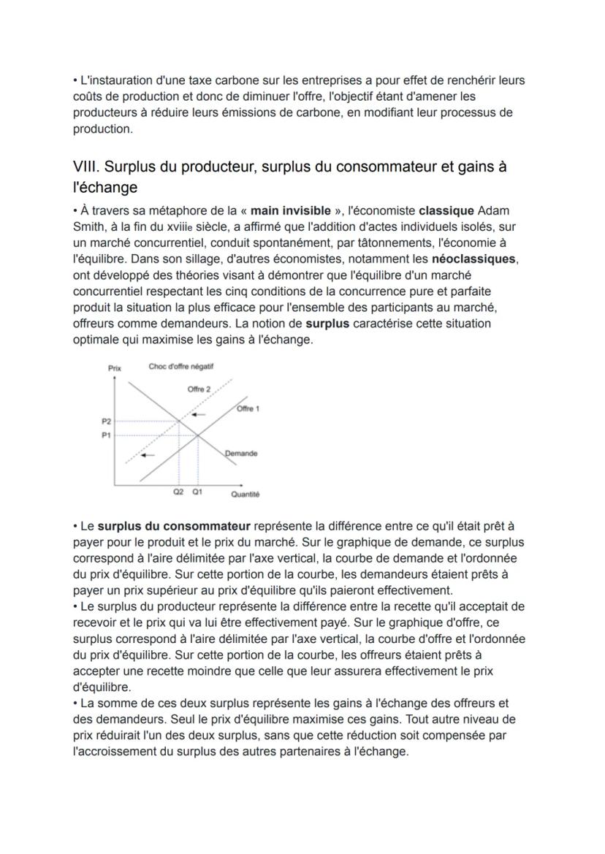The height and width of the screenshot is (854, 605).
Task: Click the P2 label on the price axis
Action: tap(106, 422)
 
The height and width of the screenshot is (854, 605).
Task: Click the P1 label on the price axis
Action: tap(106, 435)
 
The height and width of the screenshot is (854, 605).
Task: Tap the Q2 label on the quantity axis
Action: tap(178, 492)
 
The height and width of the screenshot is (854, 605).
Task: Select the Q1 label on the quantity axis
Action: tap(197, 492)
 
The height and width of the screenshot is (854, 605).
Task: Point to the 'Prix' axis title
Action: tap(114, 368)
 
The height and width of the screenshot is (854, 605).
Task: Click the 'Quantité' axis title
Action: tap(245, 495)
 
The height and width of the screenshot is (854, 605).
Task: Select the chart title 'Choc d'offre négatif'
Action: tap(180, 367)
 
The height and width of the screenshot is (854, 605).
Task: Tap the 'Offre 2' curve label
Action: tap(199, 389)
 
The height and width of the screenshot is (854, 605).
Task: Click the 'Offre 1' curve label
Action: tap(248, 408)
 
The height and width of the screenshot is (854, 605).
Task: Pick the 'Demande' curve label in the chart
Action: tap(241, 454)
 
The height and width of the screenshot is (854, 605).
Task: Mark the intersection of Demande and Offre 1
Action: tap(198, 435)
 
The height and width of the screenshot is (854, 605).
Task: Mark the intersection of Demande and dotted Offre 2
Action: tap(180, 422)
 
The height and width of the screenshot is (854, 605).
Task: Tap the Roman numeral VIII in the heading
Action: tap(88, 167)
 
